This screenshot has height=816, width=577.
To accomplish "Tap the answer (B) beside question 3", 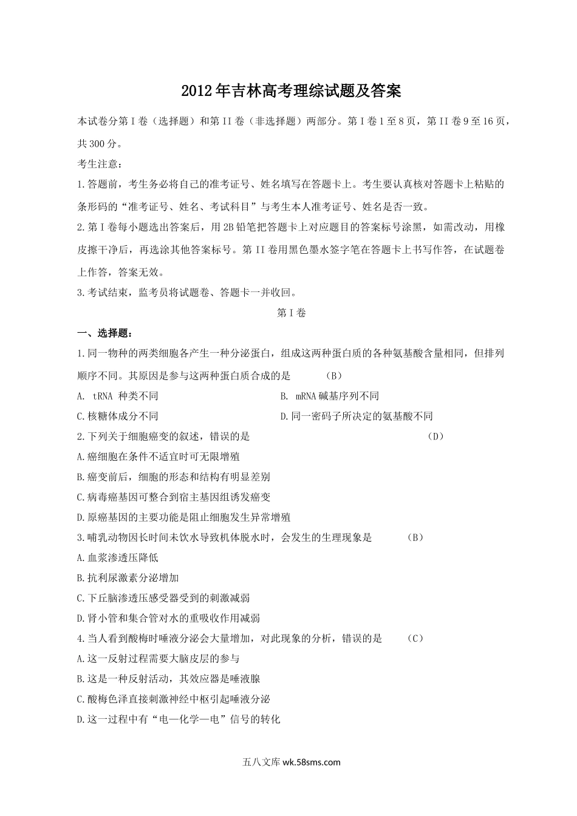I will pos(415,537).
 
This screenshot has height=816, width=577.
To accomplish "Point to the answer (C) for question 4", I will pos(415,639).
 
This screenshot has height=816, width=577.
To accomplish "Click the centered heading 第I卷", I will pos(291,313).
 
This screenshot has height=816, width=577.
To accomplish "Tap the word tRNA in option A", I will pos(103,396).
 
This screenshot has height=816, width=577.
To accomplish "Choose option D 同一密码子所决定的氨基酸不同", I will pos(357,416).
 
